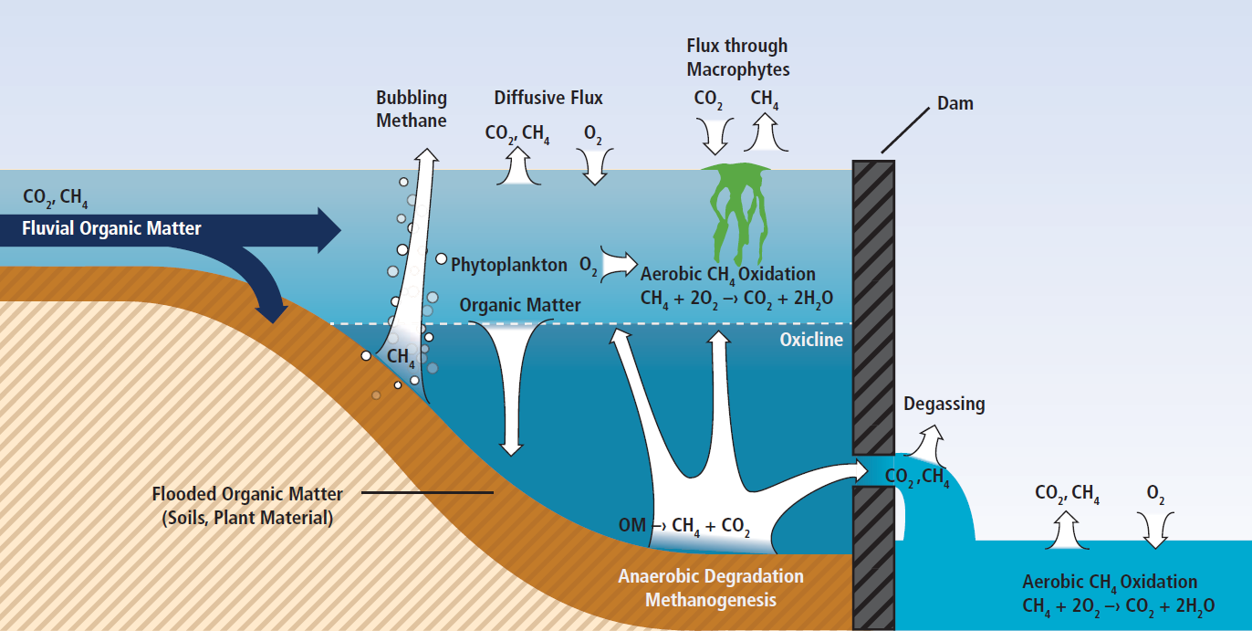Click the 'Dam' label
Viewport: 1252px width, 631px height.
[x=955, y=103]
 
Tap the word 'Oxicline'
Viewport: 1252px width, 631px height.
[x=811, y=340]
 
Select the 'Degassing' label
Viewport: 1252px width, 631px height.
[x=944, y=404]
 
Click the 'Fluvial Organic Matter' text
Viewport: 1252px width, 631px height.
[x=111, y=228]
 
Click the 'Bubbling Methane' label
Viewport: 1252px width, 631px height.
[x=412, y=109]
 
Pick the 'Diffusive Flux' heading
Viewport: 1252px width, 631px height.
[x=548, y=98]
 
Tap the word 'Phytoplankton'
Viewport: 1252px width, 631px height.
[x=508, y=265]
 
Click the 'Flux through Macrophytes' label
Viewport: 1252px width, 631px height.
[x=737, y=57]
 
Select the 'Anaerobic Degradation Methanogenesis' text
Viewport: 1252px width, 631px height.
[x=710, y=588]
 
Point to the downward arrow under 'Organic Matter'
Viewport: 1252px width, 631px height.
[x=510, y=386]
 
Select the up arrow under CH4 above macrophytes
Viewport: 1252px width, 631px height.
[x=766, y=132]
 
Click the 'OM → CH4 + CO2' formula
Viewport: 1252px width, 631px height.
[x=684, y=526]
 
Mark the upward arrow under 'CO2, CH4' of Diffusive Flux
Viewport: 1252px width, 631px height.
[x=518, y=165]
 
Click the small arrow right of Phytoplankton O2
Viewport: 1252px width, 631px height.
[x=619, y=263]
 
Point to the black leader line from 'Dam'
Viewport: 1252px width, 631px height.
[x=905, y=130]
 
